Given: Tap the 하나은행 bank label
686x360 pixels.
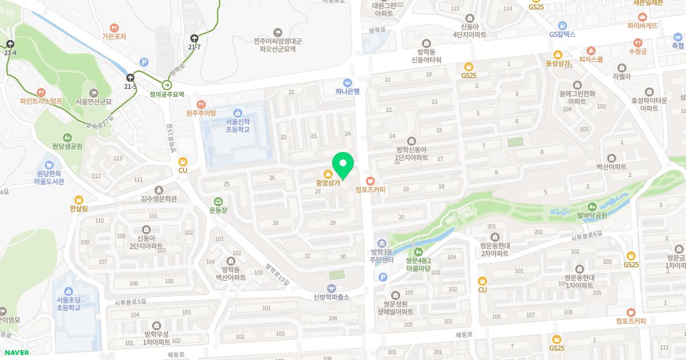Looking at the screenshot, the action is pyautogui.click(x=348, y=91).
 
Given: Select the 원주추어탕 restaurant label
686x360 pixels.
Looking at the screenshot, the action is pyautogui.click(x=201, y=113).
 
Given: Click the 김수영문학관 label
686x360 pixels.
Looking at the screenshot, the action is pyautogui.click(x=158, y=198).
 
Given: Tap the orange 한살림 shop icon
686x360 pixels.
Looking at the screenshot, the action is pyautogui.click(x=78, y=200).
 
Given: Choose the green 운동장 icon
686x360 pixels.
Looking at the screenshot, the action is pyautogui.click(x=218, y=202).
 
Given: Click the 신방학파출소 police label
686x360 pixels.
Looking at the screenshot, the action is pyautogui.click(x=331, y=297).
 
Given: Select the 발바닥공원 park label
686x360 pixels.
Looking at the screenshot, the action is pyautogui.click(x=591, y=215).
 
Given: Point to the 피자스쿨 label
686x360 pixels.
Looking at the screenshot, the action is pyautogui.click(x=591, y=59).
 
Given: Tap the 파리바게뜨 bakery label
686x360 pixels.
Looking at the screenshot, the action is pyautogui.click(x=642, y=26).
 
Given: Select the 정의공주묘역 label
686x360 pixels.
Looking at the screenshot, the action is pyautogui.click(x=167, y=94).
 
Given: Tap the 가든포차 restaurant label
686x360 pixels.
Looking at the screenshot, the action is pyautogui.click(x=114, y=37).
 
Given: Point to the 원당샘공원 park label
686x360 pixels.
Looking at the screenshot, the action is pyautogui.click(x=67, y=146).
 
